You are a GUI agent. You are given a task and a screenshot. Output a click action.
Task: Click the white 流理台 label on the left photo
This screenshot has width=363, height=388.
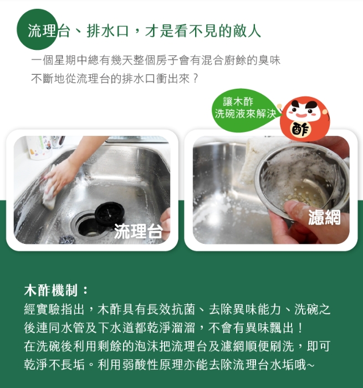[139, 231]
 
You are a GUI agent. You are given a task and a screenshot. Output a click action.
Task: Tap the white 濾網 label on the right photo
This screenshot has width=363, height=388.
[324, 217]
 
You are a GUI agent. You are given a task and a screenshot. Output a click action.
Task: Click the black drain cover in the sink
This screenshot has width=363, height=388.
[110, 212]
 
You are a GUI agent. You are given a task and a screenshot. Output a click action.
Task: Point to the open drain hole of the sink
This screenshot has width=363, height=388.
[88, 228]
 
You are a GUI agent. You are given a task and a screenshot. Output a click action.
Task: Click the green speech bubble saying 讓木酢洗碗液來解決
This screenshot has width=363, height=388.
[245, 109]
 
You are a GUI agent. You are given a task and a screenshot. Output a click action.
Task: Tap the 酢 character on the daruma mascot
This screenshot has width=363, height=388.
[300, 129]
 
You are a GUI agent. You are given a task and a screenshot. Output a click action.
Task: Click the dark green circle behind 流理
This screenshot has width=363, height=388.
[37, 29]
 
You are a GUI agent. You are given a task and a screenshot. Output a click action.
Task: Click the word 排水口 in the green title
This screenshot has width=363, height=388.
[108, 31]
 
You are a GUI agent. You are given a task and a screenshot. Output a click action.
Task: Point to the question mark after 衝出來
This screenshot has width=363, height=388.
[196, 79]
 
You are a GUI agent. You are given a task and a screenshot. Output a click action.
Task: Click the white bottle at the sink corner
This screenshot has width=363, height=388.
[39, 147]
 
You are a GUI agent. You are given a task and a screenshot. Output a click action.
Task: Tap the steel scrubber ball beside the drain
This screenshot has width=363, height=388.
[67, 239]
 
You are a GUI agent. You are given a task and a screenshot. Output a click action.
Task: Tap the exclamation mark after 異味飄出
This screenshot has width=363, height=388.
[300, 328]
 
